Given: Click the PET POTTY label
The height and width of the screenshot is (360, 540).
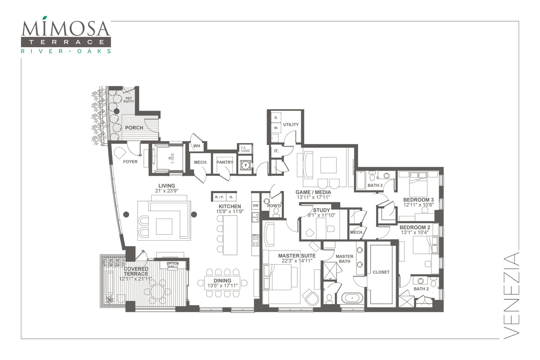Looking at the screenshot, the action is click(x=129, y=100).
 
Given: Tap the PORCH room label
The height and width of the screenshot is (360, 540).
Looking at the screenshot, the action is click(x=134, y=128).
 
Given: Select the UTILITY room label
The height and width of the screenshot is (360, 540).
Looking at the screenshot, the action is click(x=291, y=124).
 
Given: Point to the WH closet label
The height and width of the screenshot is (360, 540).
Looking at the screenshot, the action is click(x=197, y=146).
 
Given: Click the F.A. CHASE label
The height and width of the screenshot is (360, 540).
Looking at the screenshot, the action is click(x=245, y=149).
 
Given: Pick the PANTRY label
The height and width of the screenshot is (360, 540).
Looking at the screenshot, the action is click(x=225, y=162).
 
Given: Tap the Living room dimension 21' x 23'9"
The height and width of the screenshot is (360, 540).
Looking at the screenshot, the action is click(x=167, y=191).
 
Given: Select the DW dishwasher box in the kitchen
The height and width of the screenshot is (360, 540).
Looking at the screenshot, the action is click(x=256, y=205).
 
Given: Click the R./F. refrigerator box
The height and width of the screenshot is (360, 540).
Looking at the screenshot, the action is click(x=219, y=197).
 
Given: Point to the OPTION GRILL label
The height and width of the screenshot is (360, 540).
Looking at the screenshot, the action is click(x=173, y=265).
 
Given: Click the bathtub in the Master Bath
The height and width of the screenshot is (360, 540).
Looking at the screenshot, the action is click(x=352, y=298).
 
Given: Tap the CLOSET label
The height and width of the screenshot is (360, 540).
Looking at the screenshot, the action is click(x=381, y=272).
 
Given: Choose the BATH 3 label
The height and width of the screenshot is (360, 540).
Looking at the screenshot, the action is click(x=375, y=185).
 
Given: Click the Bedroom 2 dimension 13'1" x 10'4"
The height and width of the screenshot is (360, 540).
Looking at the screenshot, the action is click(x=415, y=232).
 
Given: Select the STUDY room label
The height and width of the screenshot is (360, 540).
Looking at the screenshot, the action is click(x=322, y=210).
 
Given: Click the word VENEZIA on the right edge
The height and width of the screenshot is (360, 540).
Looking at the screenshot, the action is click(x=511, y=296).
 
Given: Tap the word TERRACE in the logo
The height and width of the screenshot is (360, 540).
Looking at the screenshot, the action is click(x=66, y=42).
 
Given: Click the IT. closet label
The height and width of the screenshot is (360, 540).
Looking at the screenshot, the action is click(x=276, y=151).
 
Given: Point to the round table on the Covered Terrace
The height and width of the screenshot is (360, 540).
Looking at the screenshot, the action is click(x=157, y=292).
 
